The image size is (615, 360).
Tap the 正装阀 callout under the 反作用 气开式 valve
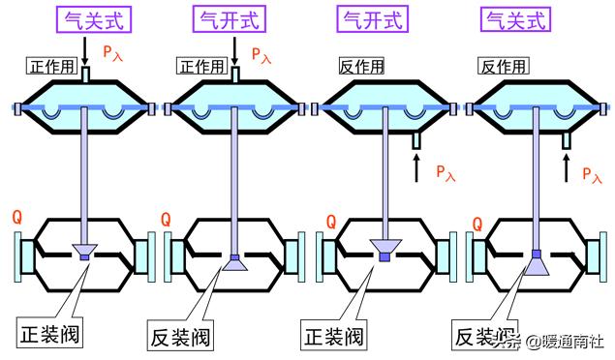click(332, 337)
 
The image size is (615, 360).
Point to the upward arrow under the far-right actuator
click(567, 170)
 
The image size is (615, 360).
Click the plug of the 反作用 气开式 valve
click(385, 251)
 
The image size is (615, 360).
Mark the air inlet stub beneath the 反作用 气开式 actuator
click(415, 141)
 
